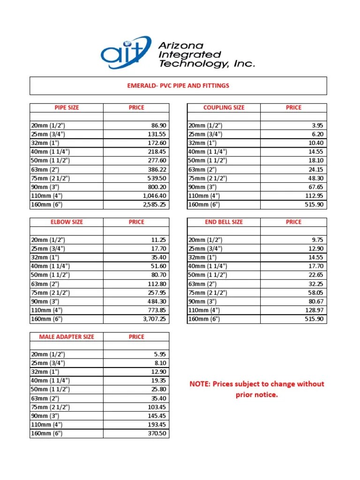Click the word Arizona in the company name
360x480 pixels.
[x=181, y=45]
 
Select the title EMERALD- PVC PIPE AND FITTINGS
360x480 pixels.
[x=178, y=86]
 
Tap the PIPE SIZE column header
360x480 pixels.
[x=67, y=107]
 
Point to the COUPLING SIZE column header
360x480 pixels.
[x=224, y=107]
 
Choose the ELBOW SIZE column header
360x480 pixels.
[x=67, y=222]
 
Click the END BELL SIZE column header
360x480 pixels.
[x=224, y=222]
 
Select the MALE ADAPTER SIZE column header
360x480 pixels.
[x=67, y=337]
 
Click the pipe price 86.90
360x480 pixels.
[x=158, y=126]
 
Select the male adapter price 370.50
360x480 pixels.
[x=157, y=434]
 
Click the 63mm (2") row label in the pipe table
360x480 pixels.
[x=47, y=169]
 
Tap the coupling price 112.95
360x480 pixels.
[x=315, y=196]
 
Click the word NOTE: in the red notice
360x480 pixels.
[x=200, y=384]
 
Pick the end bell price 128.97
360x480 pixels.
[x=315, y=310]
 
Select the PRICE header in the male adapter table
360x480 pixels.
[x=136, y=337]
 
